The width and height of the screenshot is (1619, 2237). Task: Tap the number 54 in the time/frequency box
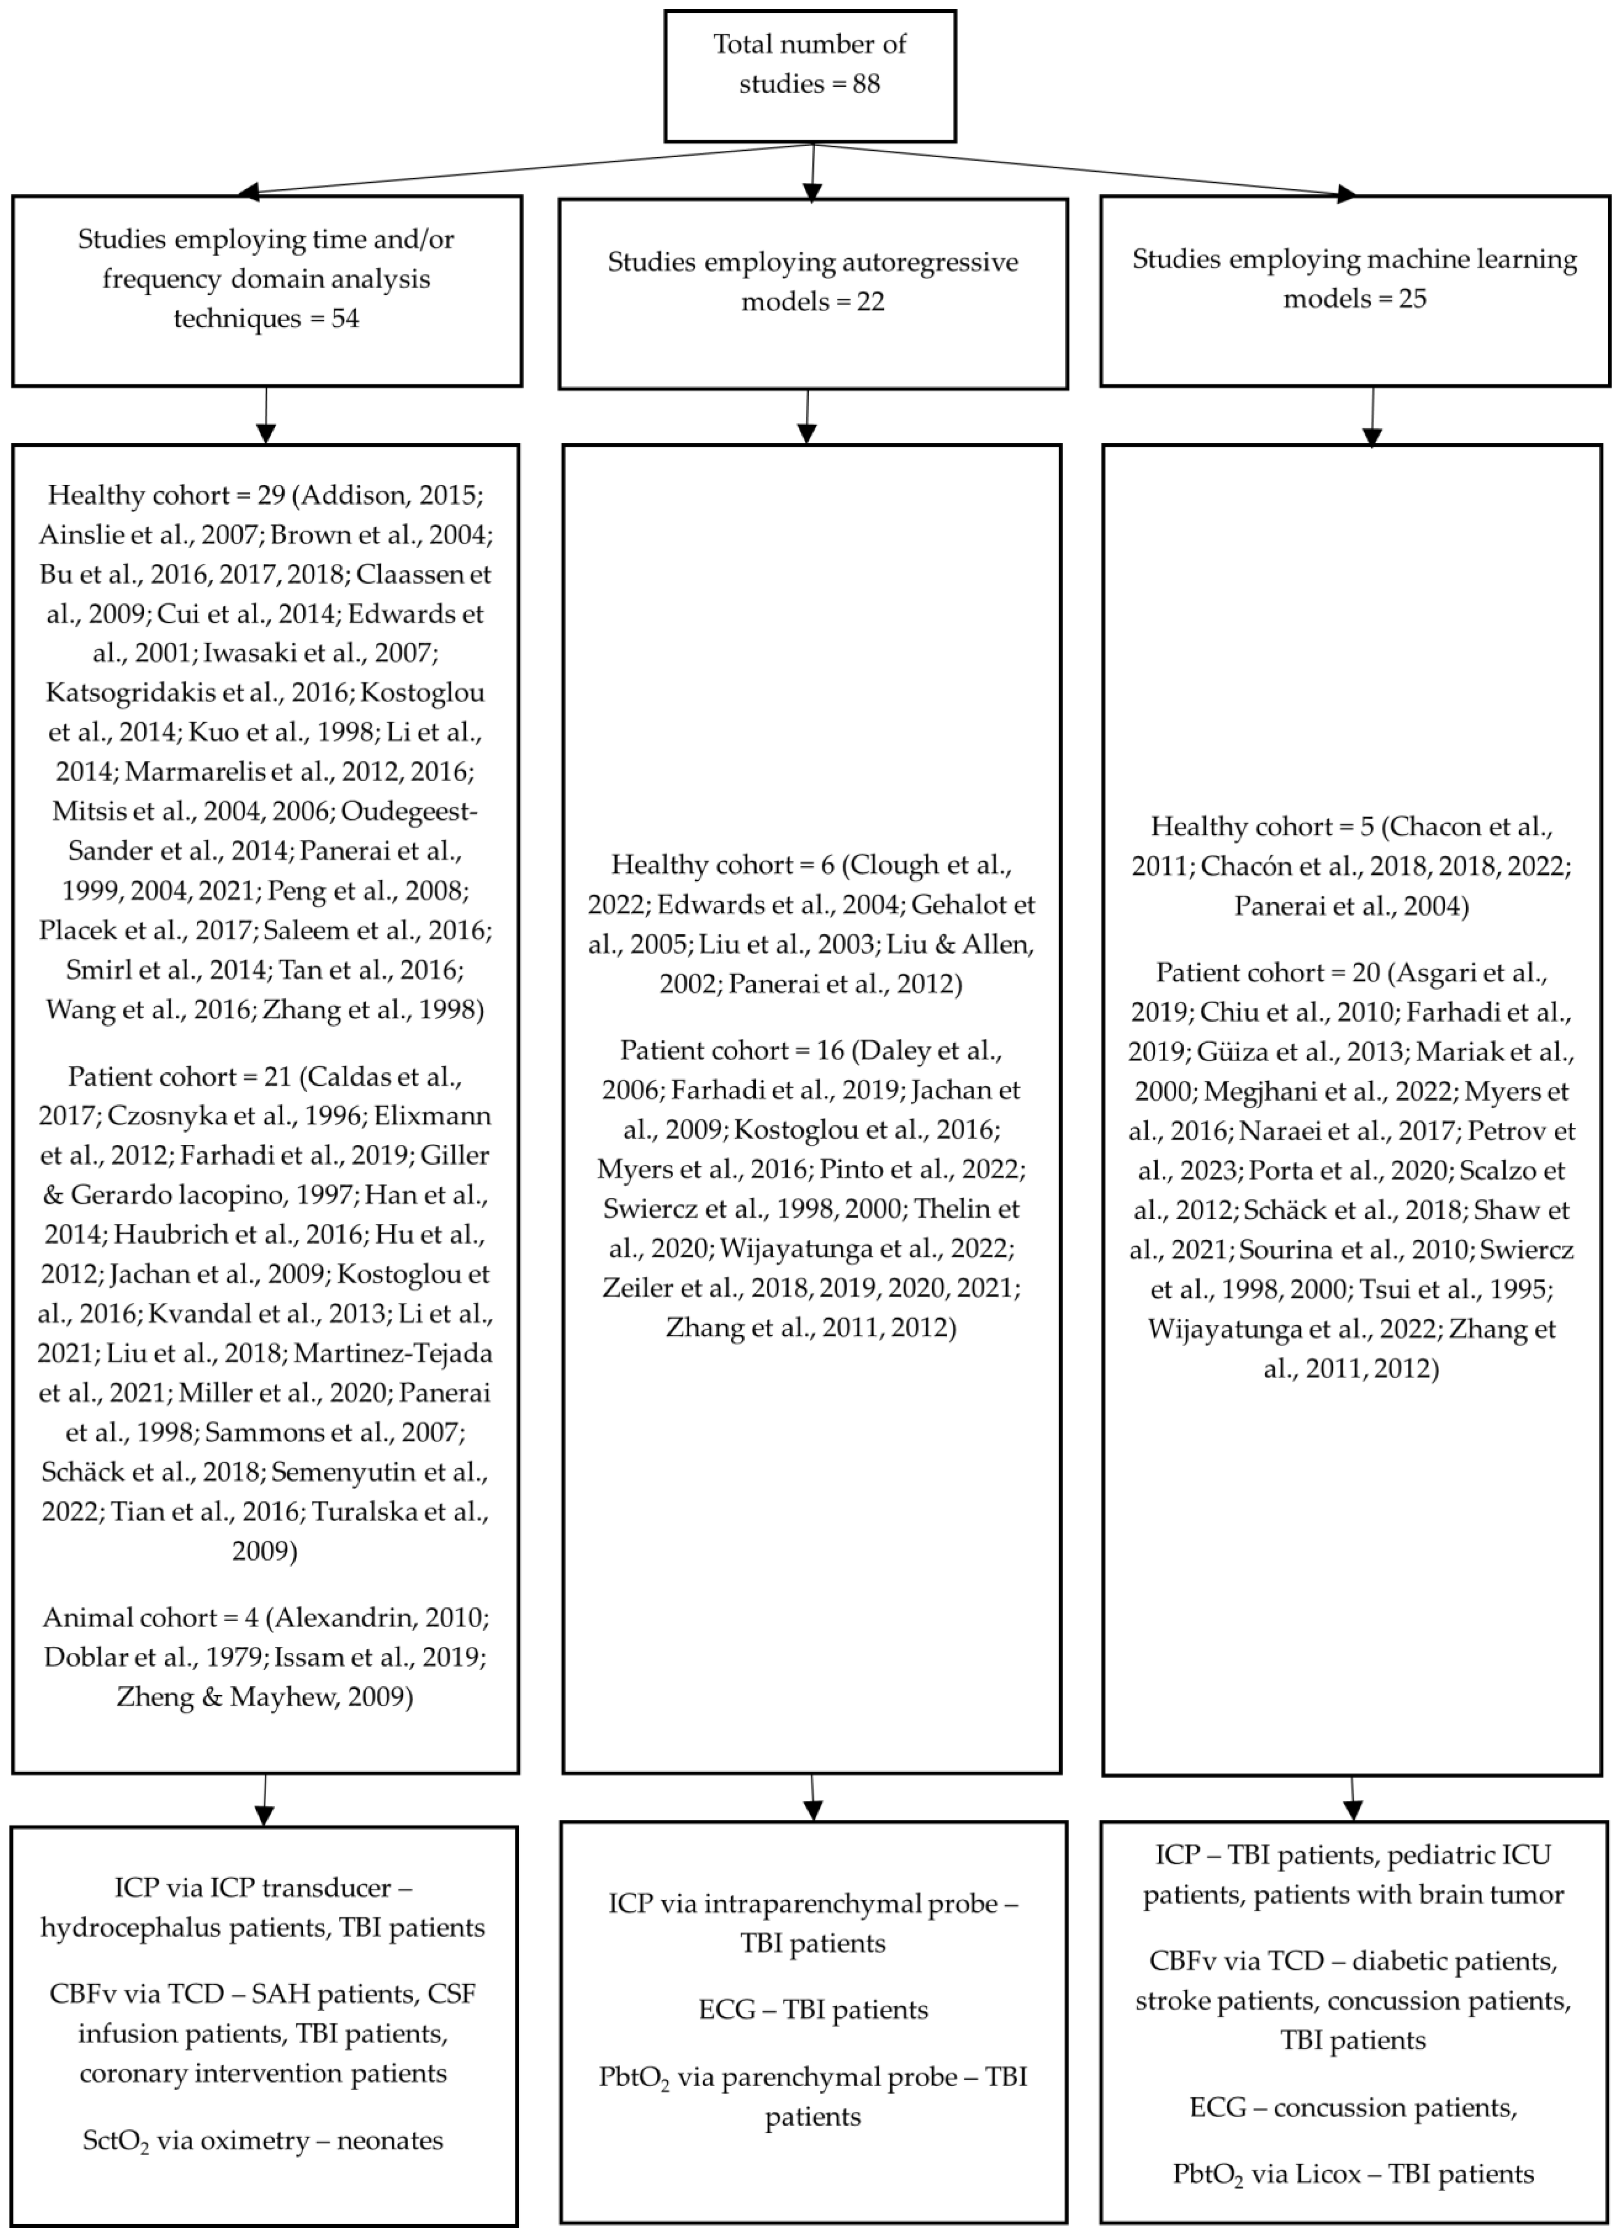tap(344, 319)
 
